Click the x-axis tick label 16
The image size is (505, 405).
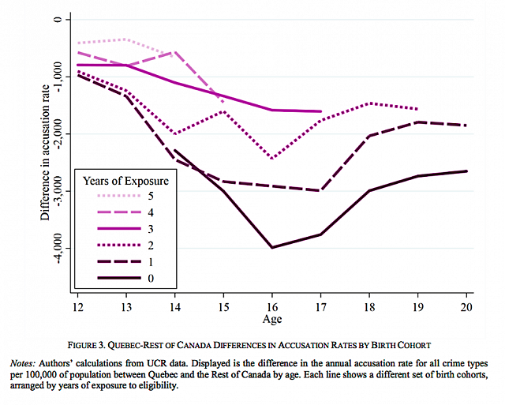point(272,305)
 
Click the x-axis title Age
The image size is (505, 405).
point(272,320)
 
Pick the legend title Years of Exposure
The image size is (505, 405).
point(127,180)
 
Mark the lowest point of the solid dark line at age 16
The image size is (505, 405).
point(272,247)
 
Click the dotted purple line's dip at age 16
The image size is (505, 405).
point(272,159)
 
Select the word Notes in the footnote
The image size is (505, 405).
point(21,361)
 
